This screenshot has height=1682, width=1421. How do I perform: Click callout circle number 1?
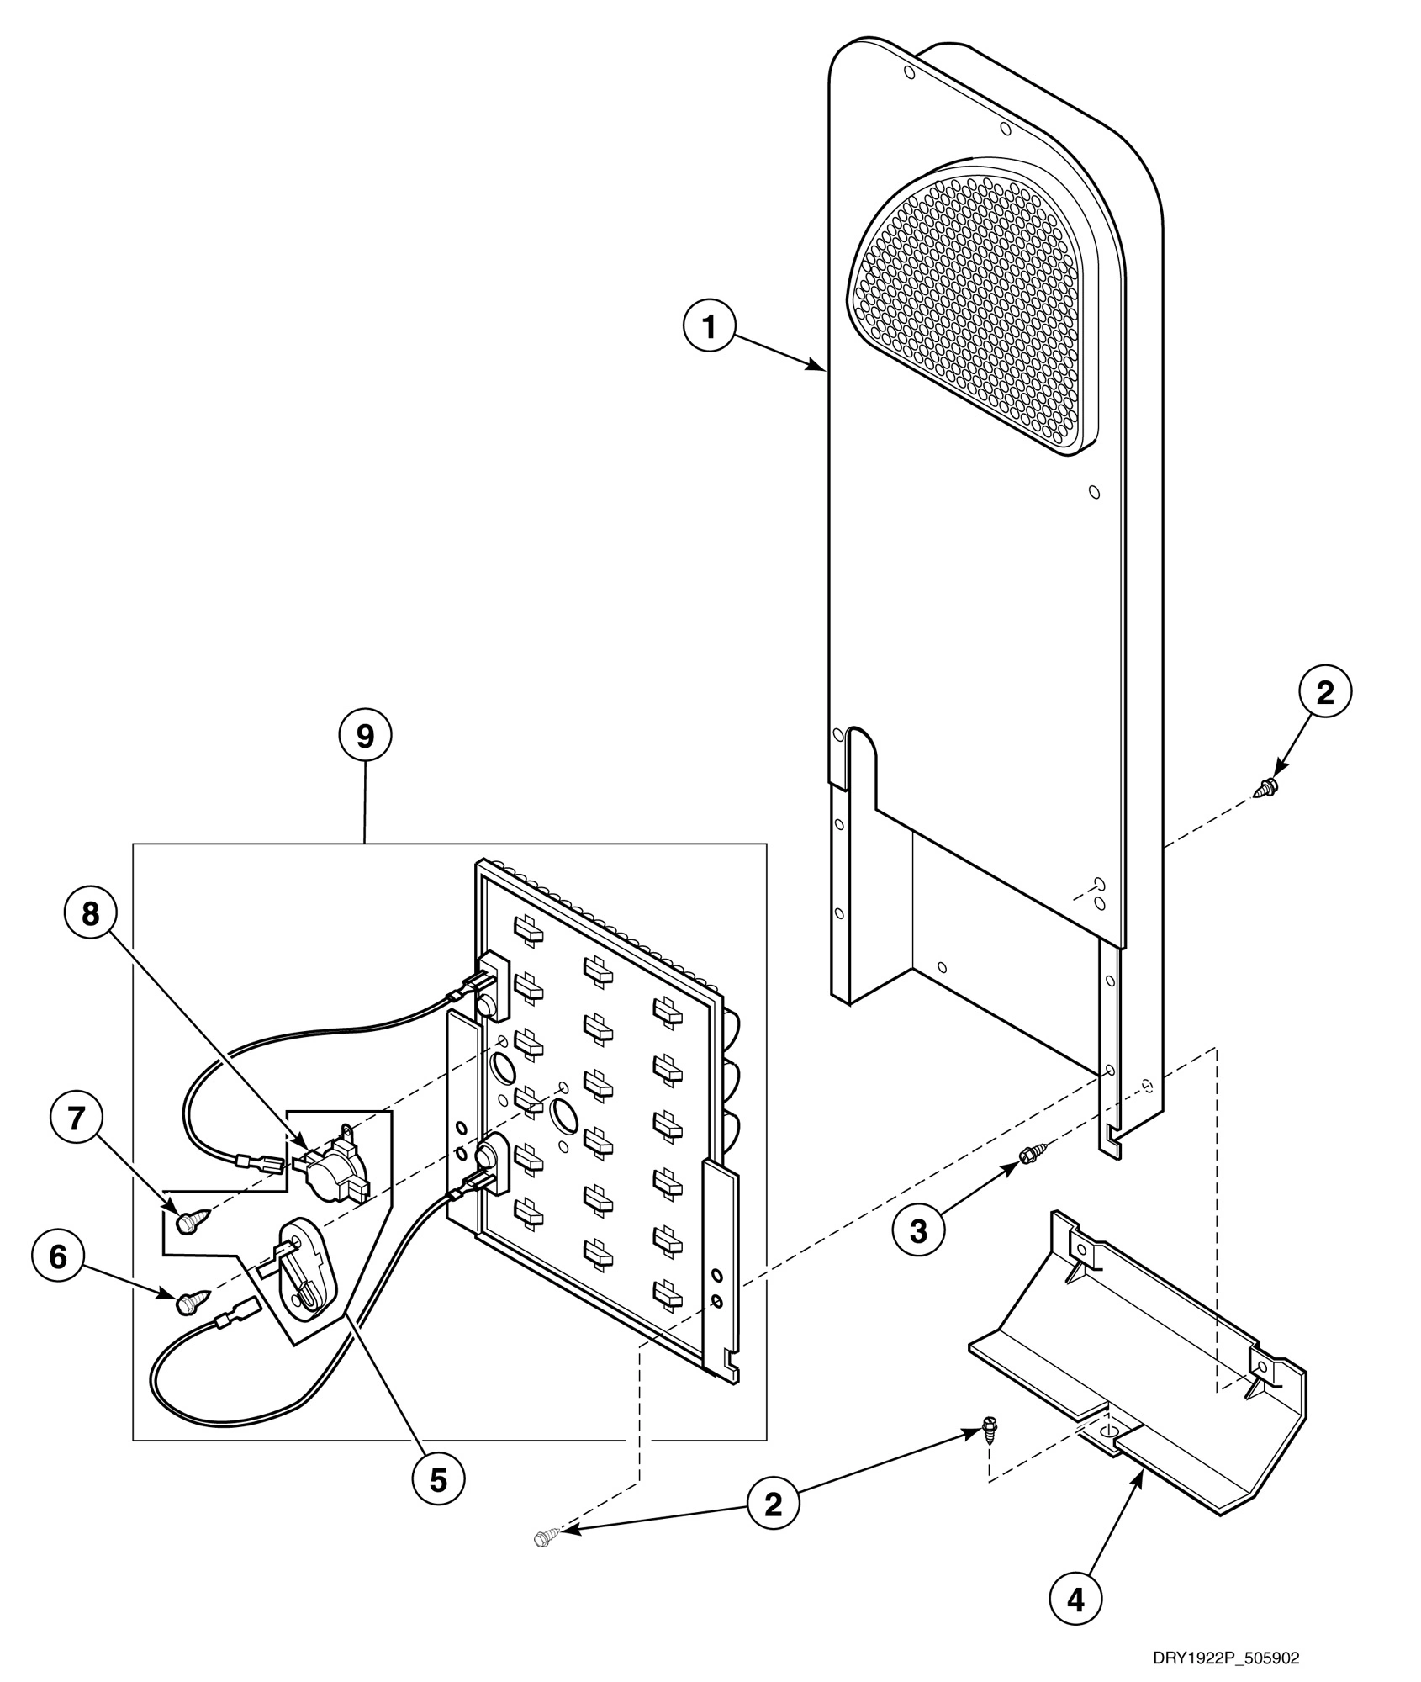[x=710, y=327]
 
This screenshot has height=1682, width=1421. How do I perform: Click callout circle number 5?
[x=438, y=1503]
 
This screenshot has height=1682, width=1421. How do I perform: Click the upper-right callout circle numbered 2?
[x=1325, y=693]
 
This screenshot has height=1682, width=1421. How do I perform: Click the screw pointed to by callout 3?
[x=1029, y=1156]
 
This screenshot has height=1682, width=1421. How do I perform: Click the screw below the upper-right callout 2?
[x=1265, y=788]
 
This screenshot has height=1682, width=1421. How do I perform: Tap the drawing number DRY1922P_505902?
[x=1226, y=1658]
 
